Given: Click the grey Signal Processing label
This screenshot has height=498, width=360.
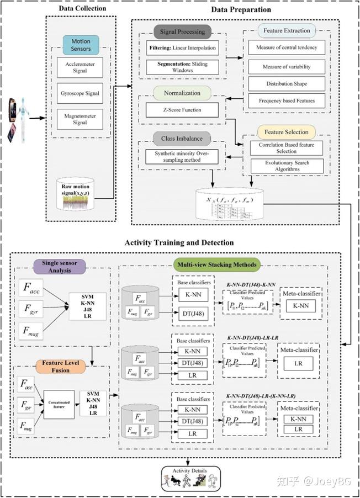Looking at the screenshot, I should click(x=182, y=32).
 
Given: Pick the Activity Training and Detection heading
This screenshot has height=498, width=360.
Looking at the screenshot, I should click(x=179, y=242).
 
